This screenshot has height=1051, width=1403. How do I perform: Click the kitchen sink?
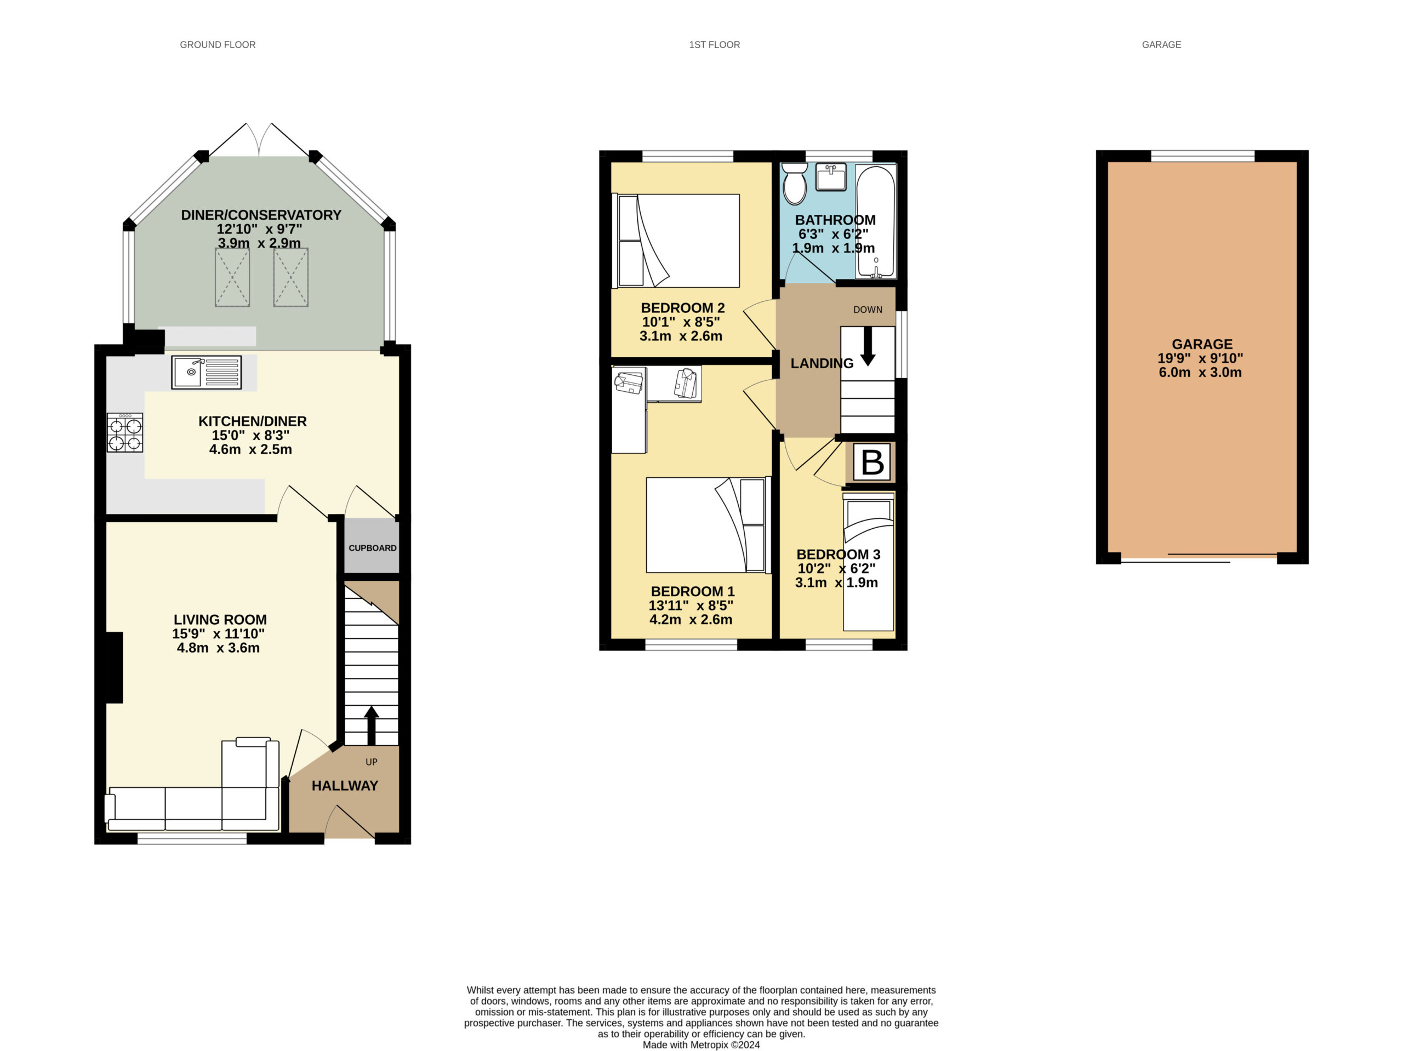click(206, 372)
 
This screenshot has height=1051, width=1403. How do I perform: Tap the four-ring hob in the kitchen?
click(125, 432)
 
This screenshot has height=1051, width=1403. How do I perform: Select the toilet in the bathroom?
click(794, 184)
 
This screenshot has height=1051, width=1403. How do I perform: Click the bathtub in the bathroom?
click(875, 221)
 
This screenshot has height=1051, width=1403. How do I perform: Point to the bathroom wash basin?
click(830, 177)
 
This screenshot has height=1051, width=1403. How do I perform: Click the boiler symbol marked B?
click(872, 462)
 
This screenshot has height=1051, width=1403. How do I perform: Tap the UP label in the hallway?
click(372, 762)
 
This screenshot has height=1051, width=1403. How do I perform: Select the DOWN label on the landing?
click(868, 310)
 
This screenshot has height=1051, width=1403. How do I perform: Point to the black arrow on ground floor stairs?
click(372, 726)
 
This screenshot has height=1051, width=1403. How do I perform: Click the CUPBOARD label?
click(372, 548)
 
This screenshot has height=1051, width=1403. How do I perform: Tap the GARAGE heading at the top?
click(1161, 44)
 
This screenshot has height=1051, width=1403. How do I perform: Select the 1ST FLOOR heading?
click(714, 44)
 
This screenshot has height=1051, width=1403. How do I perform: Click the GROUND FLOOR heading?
click(218, 44)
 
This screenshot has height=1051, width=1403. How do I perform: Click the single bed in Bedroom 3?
click(868, 562)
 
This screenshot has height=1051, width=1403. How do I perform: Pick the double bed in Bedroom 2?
click(677, 241)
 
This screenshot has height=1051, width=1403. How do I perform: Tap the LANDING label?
click(822, 363)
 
